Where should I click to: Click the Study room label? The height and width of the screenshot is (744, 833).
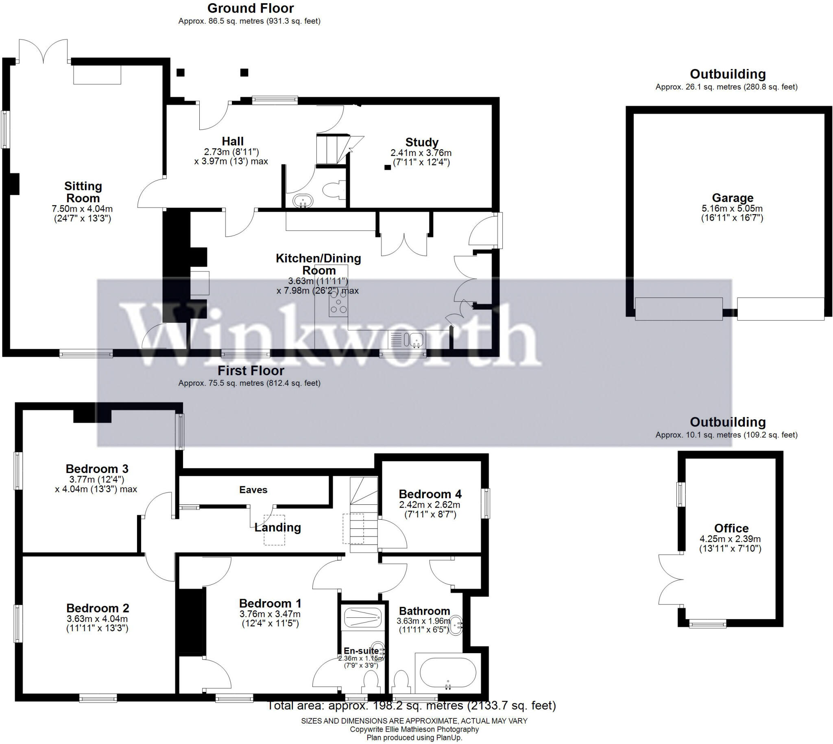point(422,142)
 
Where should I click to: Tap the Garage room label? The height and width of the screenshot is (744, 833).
point(732,198)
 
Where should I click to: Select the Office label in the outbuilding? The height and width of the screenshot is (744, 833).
point(731,528)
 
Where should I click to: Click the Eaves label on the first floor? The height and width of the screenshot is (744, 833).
point(253,490)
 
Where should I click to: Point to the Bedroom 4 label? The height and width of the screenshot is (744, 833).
point(430,494)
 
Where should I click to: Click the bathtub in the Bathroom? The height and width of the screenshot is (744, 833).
point(448,673)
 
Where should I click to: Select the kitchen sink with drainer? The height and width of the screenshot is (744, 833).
point(407,339)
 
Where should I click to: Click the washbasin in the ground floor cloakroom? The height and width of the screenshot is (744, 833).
point(303,201)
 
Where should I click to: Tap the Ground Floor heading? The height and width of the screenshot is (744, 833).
point(251,8)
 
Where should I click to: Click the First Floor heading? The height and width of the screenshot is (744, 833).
point(251,371)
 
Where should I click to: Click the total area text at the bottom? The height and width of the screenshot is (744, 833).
point(411,706)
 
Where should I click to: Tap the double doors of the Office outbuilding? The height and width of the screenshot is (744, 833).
point(670,579)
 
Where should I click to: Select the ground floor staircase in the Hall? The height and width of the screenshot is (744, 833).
point(333,150)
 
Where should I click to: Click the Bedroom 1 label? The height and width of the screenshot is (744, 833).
point(270,603)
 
